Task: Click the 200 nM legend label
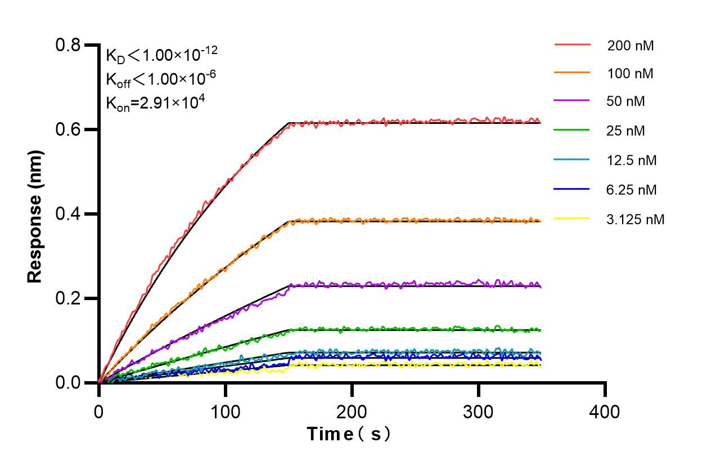[x=630, y=46]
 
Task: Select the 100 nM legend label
[x=630, y=73]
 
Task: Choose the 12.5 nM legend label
[x=632, y=160]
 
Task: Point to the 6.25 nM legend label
[x=632, y=190]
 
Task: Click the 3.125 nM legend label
[x=636, y=219]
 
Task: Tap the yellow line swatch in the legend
[x=572, y=218]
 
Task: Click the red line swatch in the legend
[x=572, y=44]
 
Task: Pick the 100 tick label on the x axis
[x=225, y=412]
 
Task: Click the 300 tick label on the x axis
[x=478, y=412]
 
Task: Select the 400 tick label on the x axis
[x=605, y=412]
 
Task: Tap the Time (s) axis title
[x=349, y=435]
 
